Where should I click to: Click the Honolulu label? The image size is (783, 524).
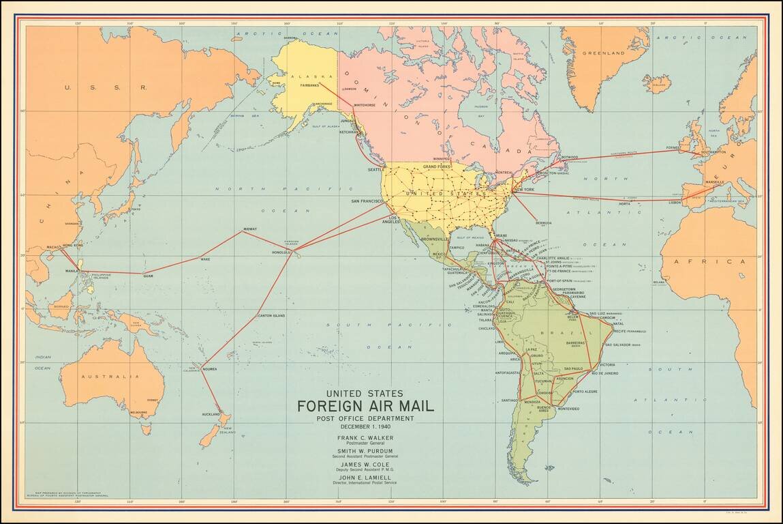[281, 252]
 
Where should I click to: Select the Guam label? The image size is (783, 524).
[147, 276]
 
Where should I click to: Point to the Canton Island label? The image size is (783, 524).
[271, 316]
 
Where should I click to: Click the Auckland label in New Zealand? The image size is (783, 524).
[210, 415]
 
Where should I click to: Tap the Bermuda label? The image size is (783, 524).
[543, 222]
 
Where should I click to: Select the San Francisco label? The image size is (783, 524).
[368, 201]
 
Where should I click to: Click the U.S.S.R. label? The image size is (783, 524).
[106, 87]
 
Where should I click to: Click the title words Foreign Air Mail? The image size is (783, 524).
[365, 407]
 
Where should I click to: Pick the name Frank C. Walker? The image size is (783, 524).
[365, 437]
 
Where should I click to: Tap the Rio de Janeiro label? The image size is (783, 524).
[604, 373]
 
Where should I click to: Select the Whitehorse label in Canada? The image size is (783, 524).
[365, 106]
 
